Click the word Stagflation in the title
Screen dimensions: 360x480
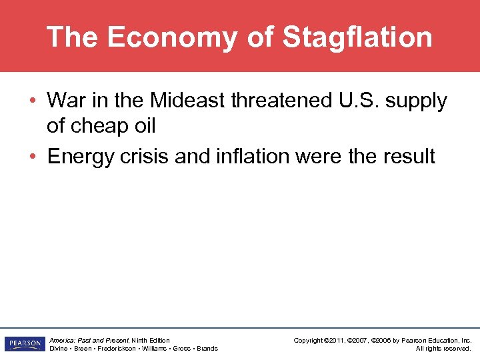(x=357, y=37)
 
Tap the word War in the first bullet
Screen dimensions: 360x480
(x=65, y=101)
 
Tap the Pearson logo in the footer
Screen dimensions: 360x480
(x=23, y=344)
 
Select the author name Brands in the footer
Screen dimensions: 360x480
(x=207, y=349)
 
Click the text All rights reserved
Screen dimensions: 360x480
(x=443, y=349)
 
